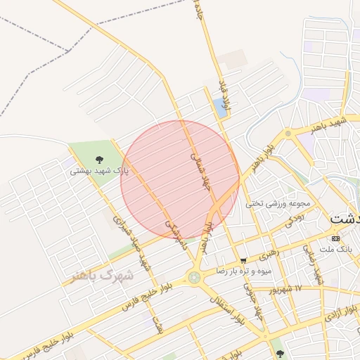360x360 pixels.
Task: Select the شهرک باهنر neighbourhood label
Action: tap(103, 276)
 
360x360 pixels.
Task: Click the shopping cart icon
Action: tap(243, 260)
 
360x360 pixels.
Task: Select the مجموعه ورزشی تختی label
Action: tap(278, 203)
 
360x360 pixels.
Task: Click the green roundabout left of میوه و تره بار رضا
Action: tap(194, 278)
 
